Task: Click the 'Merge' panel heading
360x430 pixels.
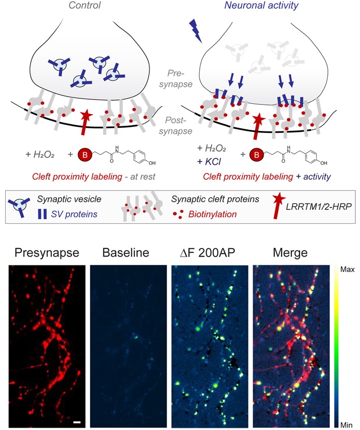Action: (289, 254)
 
